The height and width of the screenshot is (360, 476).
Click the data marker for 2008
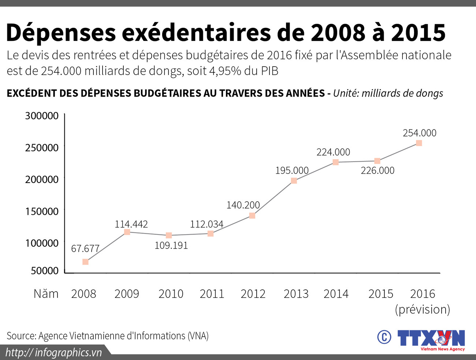coord(85,262)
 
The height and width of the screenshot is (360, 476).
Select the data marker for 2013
coord(294,180)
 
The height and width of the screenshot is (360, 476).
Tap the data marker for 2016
coord(419,143)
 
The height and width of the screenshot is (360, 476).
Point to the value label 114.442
coord(131,224)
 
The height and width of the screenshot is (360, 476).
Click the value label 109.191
coord(171,245)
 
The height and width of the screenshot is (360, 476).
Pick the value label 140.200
coord(243,205)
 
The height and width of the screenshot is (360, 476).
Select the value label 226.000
coord(378,170)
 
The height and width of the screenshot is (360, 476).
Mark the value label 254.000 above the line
coord(420,133)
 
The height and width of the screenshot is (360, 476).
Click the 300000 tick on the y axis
coord(42,116)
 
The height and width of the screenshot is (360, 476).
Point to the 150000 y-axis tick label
coord(42,211)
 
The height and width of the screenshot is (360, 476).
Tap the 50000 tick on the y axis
coord(45,271)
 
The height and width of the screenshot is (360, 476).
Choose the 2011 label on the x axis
coord(212,294)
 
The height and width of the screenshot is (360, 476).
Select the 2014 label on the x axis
coord(336,294)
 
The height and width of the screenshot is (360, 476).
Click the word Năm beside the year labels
coord(46,294)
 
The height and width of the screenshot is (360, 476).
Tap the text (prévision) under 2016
coord(422,310)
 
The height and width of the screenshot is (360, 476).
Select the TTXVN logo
coord(431,339)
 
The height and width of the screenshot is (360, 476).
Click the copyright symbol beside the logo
coord(384,337)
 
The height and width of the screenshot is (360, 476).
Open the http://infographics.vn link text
coord(54,352)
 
